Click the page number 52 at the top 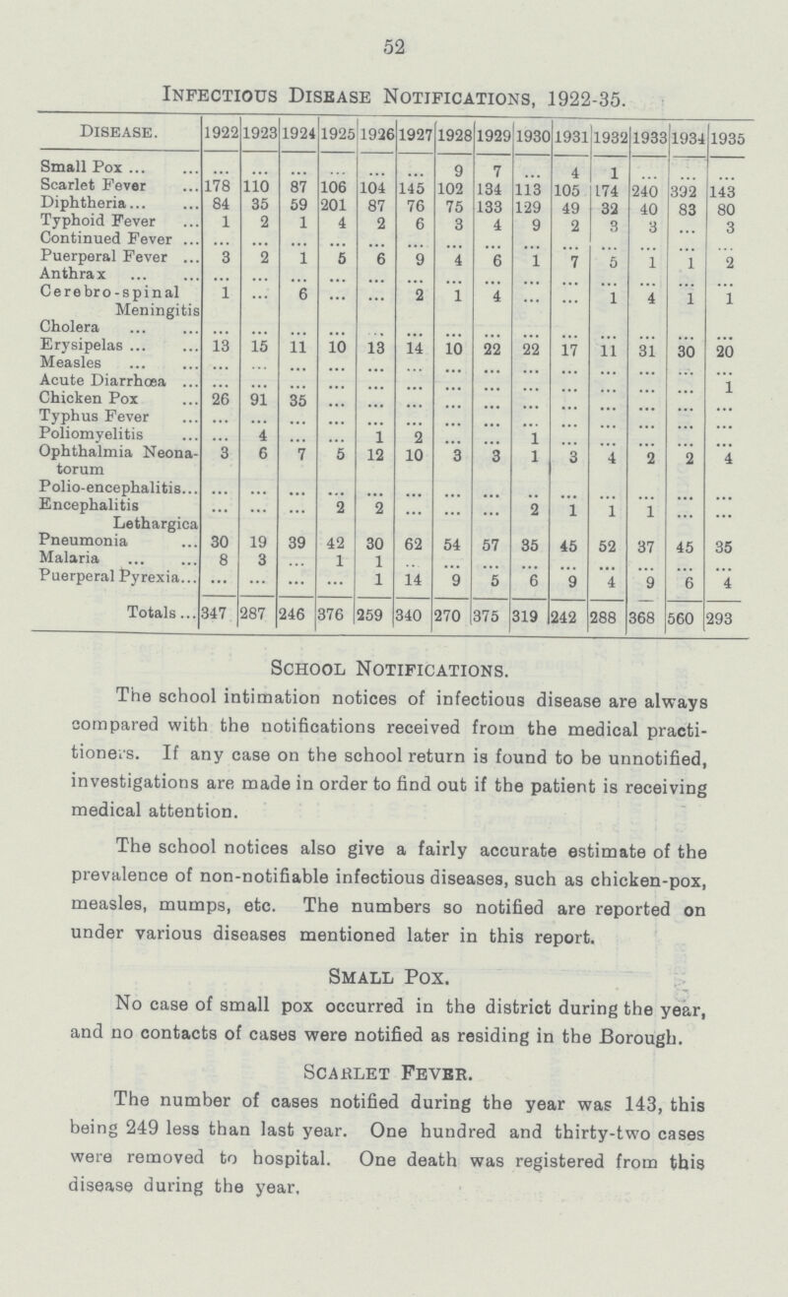click(393, 44)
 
